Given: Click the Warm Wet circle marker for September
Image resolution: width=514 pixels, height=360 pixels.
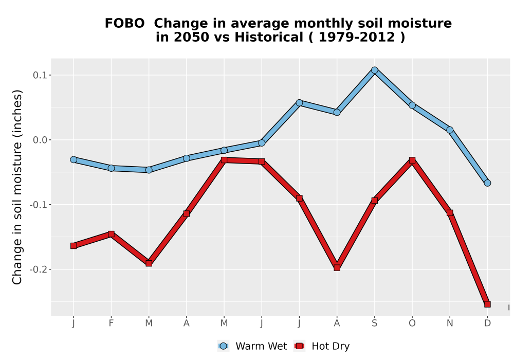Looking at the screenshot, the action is pos(374,70).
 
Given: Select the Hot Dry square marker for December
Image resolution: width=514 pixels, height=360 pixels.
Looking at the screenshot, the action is pos(487,304).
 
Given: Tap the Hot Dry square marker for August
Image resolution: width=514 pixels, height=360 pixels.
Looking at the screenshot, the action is pos(337,267).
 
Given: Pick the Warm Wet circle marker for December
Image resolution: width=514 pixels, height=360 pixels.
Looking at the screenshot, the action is pos(487,183).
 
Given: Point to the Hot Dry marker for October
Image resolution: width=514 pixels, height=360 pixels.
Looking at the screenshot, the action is pos(412,160).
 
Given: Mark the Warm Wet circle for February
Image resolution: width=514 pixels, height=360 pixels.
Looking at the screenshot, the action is pos(111,168).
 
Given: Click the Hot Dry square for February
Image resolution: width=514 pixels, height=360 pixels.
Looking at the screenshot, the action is pos(111,234).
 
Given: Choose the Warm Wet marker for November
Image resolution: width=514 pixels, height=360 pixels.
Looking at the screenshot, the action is pos(450,130).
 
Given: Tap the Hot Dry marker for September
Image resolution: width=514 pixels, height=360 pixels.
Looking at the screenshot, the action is pos(374,201).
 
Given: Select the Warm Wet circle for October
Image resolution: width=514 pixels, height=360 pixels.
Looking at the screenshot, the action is pos(412,105).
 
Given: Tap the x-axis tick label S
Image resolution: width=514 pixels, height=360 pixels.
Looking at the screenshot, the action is pos(374,323).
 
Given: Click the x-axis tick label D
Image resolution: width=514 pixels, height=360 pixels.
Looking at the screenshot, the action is pos(487,323).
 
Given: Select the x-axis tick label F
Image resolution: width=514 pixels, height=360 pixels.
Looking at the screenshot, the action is pos(111,323).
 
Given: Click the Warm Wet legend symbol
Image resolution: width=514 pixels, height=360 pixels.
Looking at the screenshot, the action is pos(223,346).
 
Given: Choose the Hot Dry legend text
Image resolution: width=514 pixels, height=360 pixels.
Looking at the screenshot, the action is pos(331,346).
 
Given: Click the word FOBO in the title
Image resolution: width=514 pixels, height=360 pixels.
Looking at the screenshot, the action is pos(124,24).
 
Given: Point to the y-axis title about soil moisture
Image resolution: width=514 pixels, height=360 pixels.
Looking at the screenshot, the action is pos(17,187).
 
